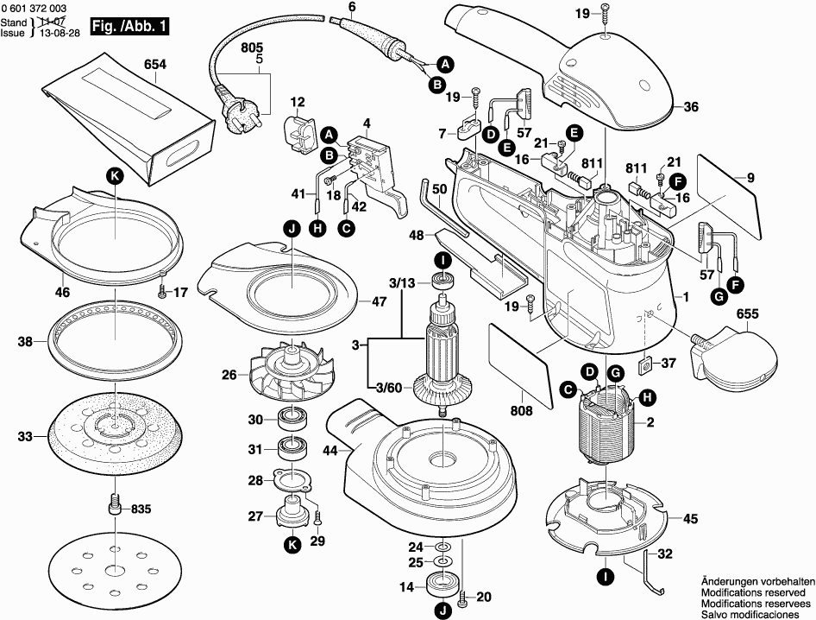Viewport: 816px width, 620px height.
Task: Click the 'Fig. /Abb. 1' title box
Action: point(129,26)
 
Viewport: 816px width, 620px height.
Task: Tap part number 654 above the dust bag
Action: point(155,65)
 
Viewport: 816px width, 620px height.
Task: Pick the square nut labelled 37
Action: point(646,364)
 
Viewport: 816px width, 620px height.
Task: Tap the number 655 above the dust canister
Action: point(747,313)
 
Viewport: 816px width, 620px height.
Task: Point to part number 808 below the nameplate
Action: point(522,410)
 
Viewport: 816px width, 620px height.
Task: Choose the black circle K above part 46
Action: point(115,177)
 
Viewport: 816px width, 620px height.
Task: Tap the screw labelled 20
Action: point(461,597)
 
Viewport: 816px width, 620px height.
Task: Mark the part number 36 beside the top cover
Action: point(691,107)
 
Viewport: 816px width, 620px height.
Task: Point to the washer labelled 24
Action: point(443,547)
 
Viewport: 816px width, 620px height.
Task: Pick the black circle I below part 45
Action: point(606,577)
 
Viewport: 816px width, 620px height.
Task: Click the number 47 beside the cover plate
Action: point(379,301)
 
